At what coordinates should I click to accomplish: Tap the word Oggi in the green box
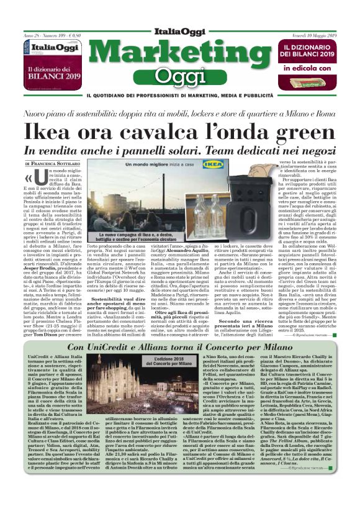(x=180, y=76)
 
